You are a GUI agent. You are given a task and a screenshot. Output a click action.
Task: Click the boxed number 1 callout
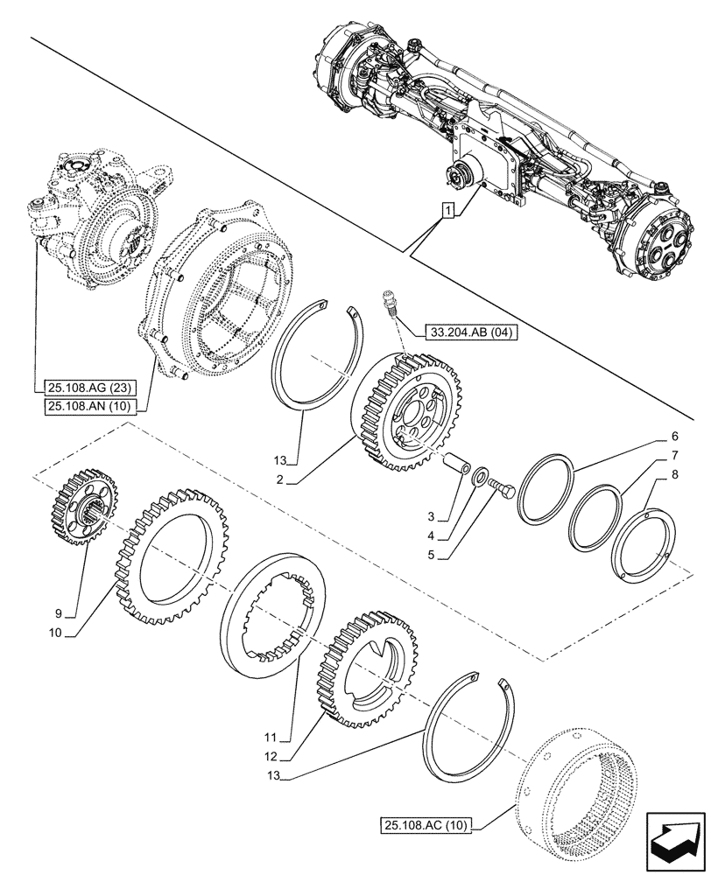pos(448,211)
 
